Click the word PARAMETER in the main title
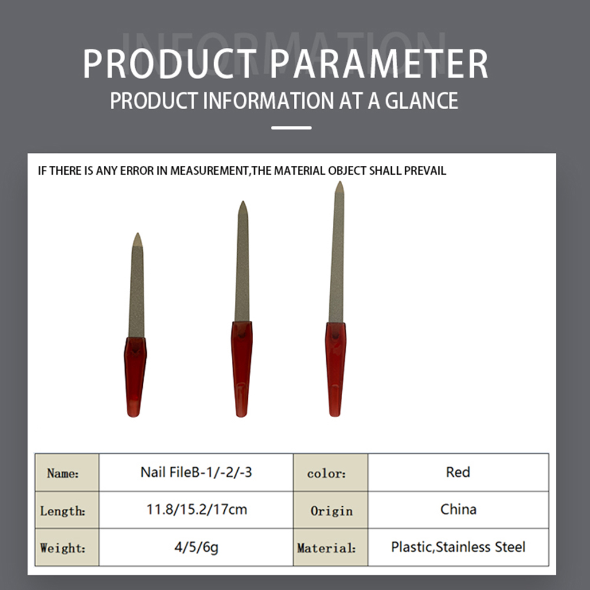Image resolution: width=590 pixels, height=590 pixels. coord(379,64)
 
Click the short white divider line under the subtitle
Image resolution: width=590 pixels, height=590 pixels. coord(291,128)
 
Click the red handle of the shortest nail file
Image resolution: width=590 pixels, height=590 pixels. coord(135,377)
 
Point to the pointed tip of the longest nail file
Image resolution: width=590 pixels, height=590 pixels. coord(340,182)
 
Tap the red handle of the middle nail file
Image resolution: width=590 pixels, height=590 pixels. coord(241,369)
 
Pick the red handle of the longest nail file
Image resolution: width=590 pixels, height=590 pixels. coord(335,369)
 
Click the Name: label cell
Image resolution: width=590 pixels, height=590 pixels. coord(67,473)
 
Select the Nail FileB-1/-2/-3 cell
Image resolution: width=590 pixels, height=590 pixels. coord(196,472)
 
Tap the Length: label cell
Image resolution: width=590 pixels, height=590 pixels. coord(67,510)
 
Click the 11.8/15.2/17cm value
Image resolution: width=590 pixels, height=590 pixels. coord(196,510)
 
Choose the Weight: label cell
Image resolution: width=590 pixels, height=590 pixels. coord(67,547)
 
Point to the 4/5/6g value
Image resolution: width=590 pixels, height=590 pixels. coord(196,547)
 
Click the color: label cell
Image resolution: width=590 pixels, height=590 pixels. coord(331,473)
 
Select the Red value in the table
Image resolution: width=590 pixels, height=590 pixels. coord(458,472)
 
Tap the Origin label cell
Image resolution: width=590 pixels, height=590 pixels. coord(331,510)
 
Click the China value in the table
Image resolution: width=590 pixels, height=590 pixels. coord(458,509)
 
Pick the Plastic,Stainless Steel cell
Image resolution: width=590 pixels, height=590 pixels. coord(458,547)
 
